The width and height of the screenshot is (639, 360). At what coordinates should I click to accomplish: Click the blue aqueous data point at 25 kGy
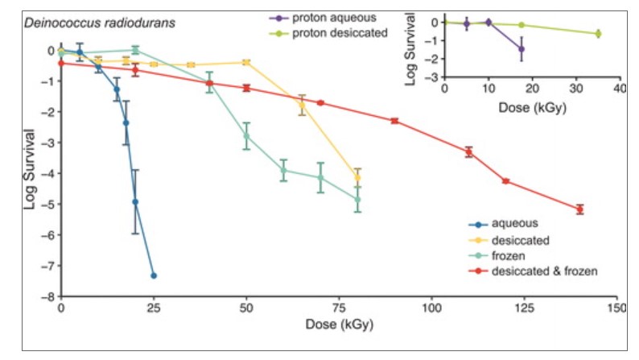pyautogui.click(x=153, y=275)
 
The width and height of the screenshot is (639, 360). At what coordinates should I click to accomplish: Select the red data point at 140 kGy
pyautogui.click(x=579, y=209)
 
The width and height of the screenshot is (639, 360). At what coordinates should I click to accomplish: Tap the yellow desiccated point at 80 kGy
pyautogui.click(x=357, y=178)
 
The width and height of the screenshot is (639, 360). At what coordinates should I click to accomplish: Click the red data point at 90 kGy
pyautogui.click(x=394, y=121)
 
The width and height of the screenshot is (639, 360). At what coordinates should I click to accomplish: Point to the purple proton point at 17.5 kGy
pyautogui.click(x=522, y=49)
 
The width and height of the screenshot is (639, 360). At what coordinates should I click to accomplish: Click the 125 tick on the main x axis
pyautogui.click(x=525, y=308)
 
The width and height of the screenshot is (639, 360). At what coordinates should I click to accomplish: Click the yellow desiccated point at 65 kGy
pyautogui.click(x=302, y=105)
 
